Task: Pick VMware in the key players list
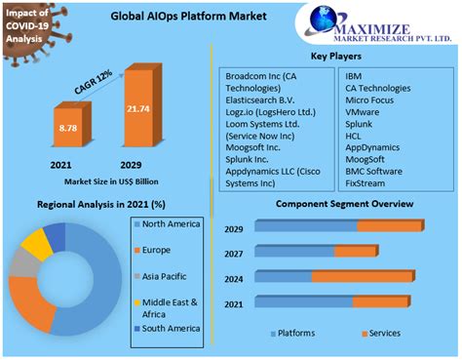point(364,112)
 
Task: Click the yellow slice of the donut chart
point(35,245)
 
